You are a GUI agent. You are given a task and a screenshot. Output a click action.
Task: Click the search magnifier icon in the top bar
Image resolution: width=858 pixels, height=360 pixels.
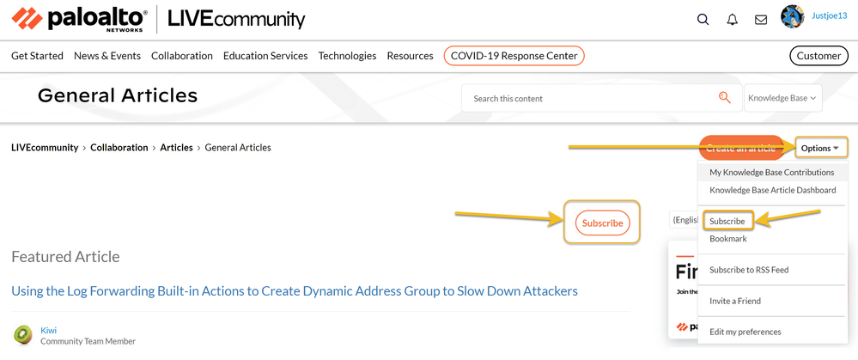pos(703,19)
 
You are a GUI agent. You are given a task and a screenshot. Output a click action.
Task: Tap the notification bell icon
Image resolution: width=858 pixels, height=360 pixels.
pos(732,19)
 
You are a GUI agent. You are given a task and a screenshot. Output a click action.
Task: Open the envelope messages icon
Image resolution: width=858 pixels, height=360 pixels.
pos(761,19)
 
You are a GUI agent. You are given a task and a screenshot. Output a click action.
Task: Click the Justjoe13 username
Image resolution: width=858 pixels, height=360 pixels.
pos(829,15)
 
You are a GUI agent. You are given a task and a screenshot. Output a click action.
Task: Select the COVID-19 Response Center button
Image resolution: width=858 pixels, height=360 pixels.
pos(514,56)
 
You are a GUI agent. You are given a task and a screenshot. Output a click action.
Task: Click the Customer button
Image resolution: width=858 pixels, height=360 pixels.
pos(818,56)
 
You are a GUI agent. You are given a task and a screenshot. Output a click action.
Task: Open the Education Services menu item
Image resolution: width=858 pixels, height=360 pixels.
pos(265,56)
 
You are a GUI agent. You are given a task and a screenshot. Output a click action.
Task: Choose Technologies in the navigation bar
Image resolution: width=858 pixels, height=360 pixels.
pos(347,56)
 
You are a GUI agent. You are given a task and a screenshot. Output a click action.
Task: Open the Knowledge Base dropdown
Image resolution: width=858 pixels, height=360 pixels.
pos(782,98)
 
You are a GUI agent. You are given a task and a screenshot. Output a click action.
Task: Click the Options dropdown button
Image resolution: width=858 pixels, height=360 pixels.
pos(820,148)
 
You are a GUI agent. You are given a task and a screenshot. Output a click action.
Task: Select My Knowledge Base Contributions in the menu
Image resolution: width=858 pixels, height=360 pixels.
pos(771,172)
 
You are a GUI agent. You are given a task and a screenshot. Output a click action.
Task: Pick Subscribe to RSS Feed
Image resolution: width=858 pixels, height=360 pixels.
pos(749,270)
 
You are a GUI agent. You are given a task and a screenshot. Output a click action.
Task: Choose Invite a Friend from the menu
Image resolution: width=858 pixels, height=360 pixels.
pos(735,301)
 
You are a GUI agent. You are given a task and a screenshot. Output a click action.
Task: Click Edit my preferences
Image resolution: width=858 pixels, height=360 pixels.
pos(745,332)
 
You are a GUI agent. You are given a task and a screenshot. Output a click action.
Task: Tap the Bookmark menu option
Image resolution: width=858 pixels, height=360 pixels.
pos(728,239)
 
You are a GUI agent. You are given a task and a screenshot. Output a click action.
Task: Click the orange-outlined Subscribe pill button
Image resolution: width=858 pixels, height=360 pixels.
pos(602,223)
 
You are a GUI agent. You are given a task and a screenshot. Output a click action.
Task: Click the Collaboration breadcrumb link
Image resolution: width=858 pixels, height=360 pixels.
pos(119,148)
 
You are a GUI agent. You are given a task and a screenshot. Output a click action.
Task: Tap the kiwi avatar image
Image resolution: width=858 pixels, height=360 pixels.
pos(23,334)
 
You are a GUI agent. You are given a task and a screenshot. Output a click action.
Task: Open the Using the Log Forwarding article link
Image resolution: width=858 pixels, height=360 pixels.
pos(295,291)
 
